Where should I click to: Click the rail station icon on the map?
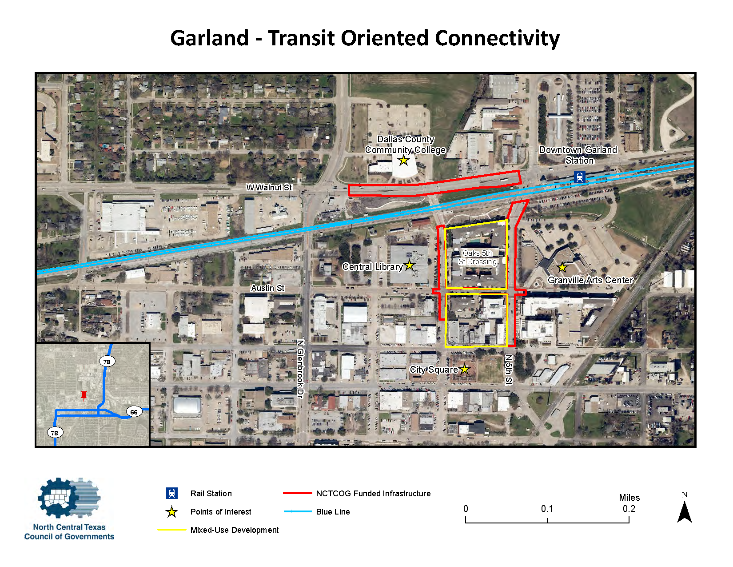click(x=579, y=177)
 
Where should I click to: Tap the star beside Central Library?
click(x=409, y=265)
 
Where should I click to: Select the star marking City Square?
click(x=464, y=369)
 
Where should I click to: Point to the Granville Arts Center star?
click(x=562, y=267)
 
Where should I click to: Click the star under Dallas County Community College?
click(x=403, y=160)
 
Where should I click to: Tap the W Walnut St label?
click(x=269, y=188)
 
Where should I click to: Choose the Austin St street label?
click(x=267, y=288)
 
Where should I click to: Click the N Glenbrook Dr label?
click(x=300, y=369)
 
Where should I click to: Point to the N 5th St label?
click(x=509, y=369)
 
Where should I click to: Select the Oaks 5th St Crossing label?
click(x=478, y=257)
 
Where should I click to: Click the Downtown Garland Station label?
click(x=578, y=155)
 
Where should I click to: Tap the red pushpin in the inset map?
click(x=84, y=395)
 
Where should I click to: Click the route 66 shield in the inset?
click(x=134, y=412)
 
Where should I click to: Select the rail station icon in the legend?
click(x=172, y=493)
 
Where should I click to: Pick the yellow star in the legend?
click(x=172, y=512)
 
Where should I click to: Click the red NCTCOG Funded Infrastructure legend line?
click(x=297, y=493)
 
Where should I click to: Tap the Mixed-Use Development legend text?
click(x=235, y=530)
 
